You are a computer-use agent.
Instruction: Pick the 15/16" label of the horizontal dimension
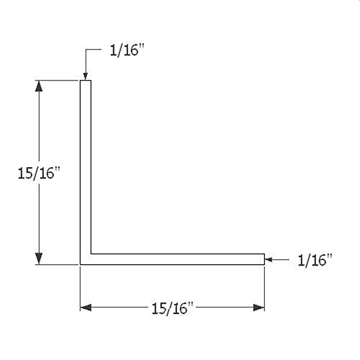(171, 308)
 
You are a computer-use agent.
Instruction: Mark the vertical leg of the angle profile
(85, 166)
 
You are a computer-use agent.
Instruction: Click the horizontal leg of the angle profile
(176, 258)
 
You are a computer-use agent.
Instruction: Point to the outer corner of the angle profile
(80, 264)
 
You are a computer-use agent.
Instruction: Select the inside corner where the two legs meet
(91, 253)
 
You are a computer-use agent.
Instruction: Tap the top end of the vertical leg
(85, 81)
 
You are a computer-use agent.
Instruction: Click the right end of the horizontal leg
(264, 258)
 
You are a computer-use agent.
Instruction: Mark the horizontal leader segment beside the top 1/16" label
(92, 50)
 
